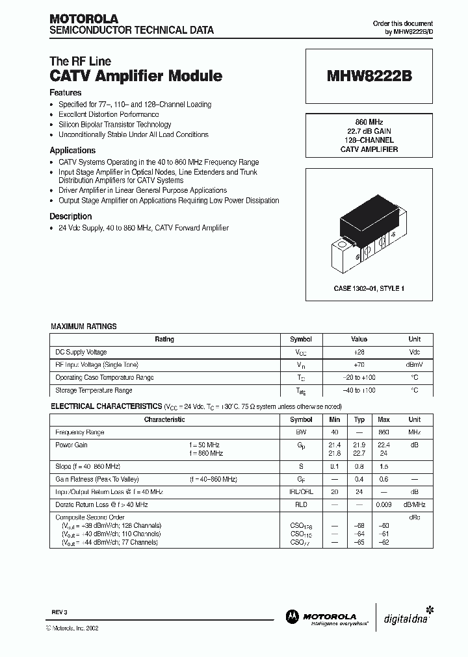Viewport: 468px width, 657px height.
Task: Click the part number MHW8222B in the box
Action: click(369, 76)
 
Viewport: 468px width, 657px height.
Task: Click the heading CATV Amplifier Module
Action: click(136, 76)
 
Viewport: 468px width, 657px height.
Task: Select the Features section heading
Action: click(66, 93)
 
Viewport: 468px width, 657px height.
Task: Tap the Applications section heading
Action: click(73, 151)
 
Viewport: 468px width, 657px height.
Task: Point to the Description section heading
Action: click(71, 216)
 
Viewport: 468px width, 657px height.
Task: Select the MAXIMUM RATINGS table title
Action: click(84, 327)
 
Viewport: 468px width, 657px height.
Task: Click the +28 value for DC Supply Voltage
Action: click(359, 352)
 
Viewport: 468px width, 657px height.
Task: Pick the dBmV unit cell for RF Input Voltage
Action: click(414, 365)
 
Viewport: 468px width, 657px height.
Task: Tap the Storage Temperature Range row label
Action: click(94, 390)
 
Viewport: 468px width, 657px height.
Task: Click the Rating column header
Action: click(164, 339)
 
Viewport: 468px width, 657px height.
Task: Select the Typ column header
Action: click(359, 419)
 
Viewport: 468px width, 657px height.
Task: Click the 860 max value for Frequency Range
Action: click(383, 432)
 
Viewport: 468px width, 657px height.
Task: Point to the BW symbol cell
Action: click(301, 432)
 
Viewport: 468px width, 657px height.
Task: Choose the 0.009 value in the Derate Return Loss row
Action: click(383, 504)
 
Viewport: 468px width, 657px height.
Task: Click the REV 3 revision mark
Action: click(60, 612)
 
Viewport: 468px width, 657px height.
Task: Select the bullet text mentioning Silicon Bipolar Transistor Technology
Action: click(115, 125)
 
